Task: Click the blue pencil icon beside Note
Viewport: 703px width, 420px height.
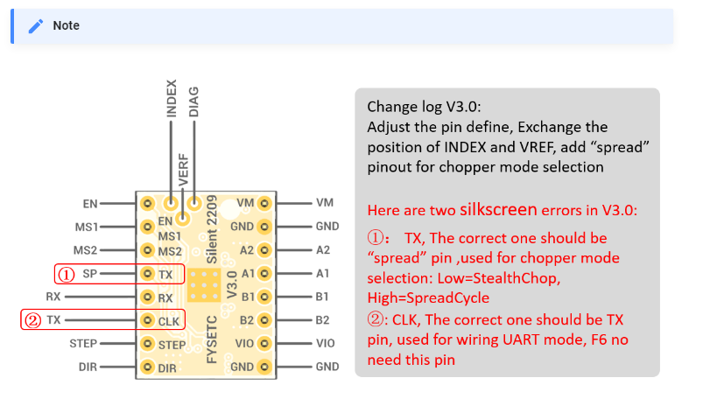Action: pyautogui.click(x=36, y=26)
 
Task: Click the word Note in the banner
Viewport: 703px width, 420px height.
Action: pyautogui.click(x=66, y=25)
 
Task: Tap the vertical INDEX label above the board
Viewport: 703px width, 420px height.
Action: pyautogui.click(x=172, y=99)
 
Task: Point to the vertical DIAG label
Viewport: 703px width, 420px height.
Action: pyautogui.click(x=193, y=101)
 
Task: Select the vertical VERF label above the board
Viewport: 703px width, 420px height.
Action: pyautogui.click(x=183, y=170)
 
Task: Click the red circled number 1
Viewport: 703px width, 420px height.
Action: pyautogui.click(x=67, y=275)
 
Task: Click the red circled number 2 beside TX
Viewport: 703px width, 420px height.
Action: pyautogui.click(x=32, y=320)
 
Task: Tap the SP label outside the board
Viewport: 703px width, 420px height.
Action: pyautogui.click(x=89, y=273)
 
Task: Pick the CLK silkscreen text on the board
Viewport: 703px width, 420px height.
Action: pyautogui.click(x=169, y=321)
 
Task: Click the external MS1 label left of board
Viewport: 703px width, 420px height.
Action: pyautogui.click(x=87, y=227)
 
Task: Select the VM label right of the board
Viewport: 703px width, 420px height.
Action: pyautogui.click(x=325, y=203)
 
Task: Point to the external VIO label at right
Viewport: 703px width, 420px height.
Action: pyautogui.click(x=325, y=343)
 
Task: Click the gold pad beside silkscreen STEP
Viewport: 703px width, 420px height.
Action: pyautogui.click(x=147, y=344)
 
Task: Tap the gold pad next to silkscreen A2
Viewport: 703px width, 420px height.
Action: pyautogui.click(x=264, y=250)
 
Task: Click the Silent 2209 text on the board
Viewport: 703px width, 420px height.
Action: pyautogui.click(x=212, y=229)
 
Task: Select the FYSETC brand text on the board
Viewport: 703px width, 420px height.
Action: pyautogui.click(x=212, y=339)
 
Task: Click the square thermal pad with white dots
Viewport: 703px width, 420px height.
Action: pyautogui.click(x=204, y=285)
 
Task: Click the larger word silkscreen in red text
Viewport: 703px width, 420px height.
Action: pyautogui.click(x=498, y=209)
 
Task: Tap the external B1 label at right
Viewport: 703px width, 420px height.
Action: pyautogui.click(x=322, y=297)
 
